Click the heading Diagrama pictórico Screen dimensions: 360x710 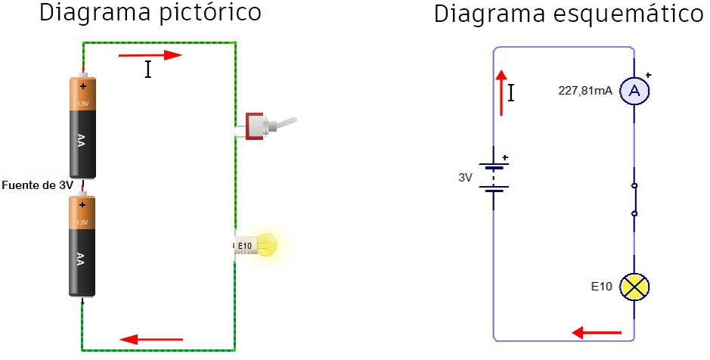150,13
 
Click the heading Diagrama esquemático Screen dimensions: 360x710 568,15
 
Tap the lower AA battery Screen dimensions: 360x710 81,245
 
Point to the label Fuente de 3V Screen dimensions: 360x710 37,185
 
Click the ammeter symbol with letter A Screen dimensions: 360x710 635,92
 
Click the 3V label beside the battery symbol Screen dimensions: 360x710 465,178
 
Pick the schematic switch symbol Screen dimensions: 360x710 634,200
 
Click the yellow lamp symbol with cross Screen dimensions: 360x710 634,287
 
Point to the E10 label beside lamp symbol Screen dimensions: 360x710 603,287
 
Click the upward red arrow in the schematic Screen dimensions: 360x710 501,93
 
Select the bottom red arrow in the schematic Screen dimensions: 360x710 597,332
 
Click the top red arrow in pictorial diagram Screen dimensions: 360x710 151,55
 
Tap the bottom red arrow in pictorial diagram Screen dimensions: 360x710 152,339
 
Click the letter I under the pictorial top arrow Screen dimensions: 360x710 148,70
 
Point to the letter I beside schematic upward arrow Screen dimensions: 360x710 512,93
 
